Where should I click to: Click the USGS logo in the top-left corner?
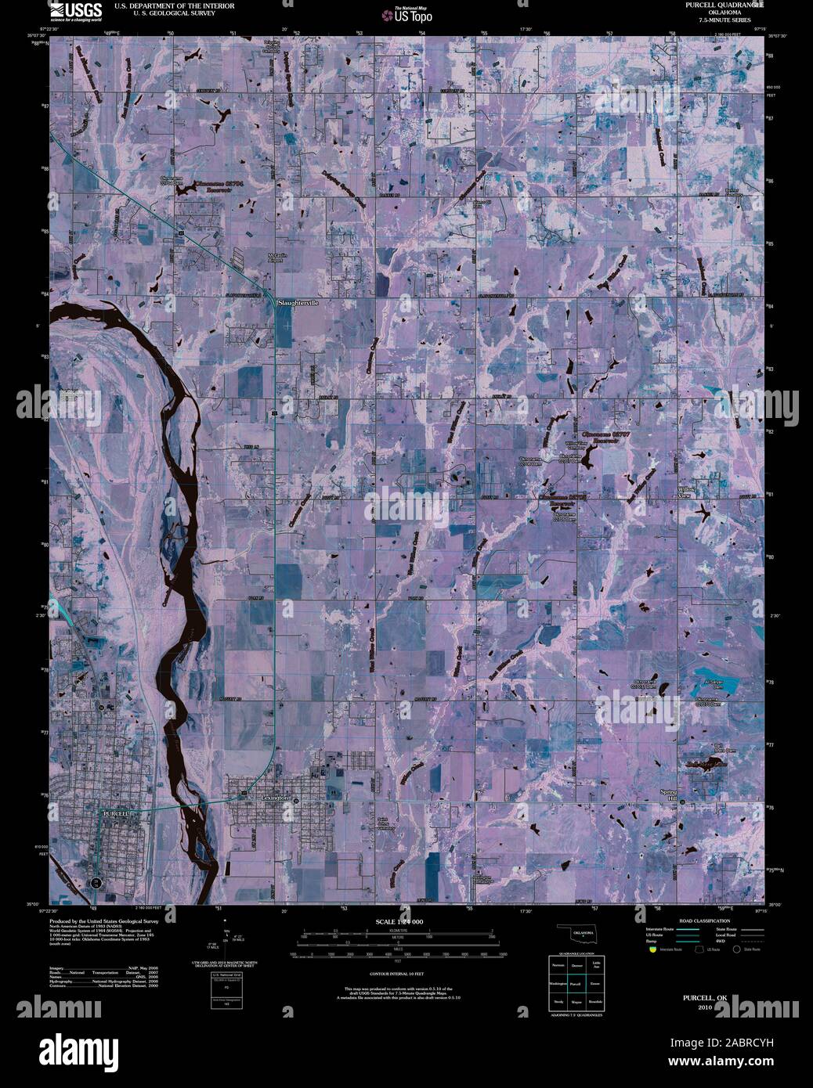(x=75, y=10)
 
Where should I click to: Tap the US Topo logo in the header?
(x=406, y=13)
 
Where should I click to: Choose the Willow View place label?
(x=686, y=492)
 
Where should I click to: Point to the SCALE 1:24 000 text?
(x=400, y=923)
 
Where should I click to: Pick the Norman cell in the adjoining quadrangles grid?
(x=558, y=966)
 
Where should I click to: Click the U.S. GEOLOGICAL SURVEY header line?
(x=157, y=13)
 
